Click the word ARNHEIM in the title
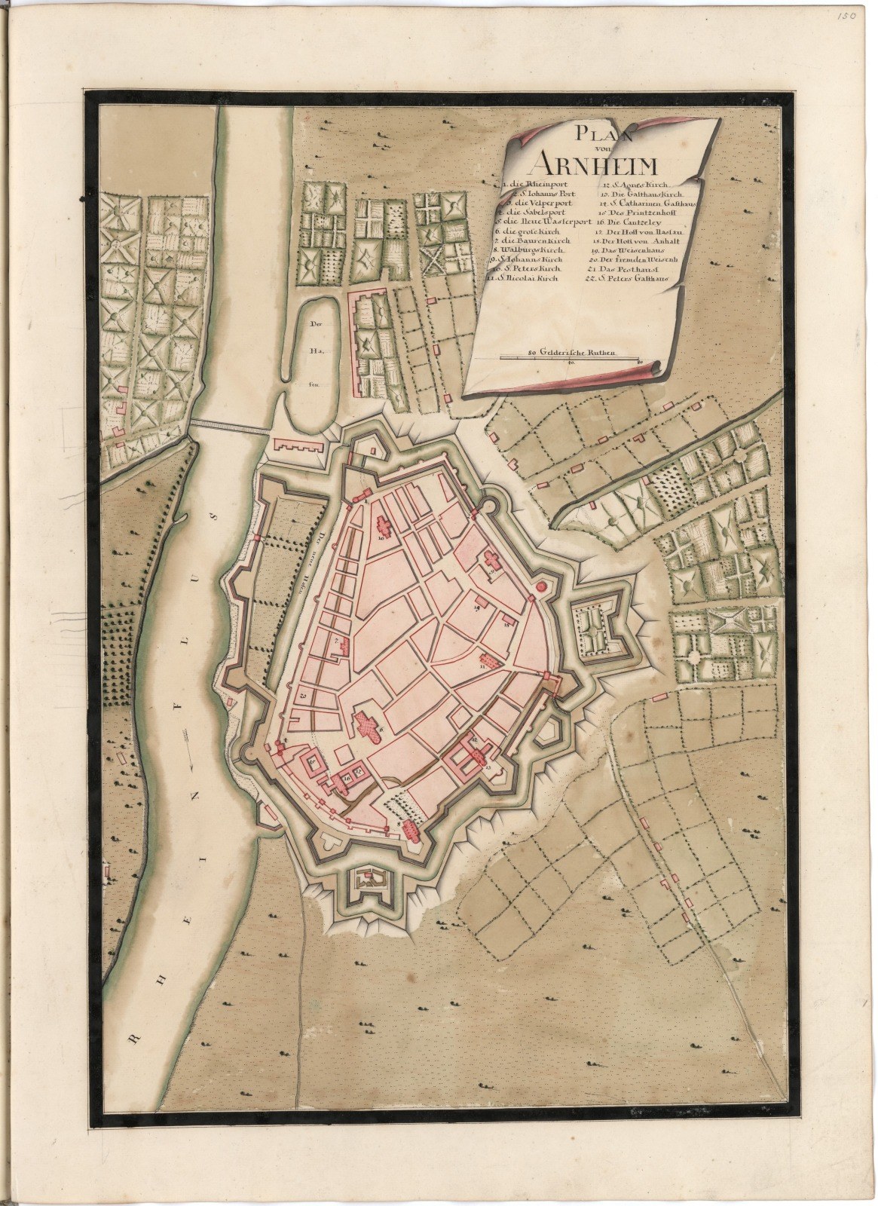click(x=585, y=161)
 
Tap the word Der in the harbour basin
click(x=315, y=326)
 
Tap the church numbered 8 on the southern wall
click(x=409, y=830)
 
